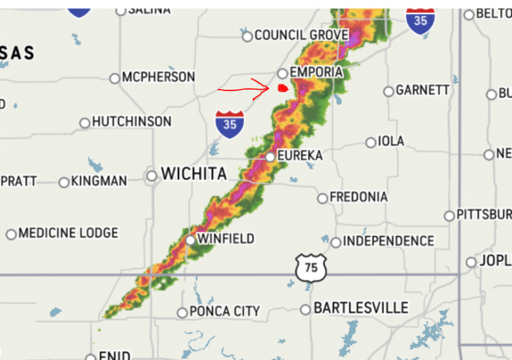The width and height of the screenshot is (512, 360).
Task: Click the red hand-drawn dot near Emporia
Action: click(x=282, y=88)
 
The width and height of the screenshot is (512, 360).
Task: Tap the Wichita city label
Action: click(x=194, y=174)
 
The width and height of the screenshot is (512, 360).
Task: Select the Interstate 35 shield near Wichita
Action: click(x=230, y=124)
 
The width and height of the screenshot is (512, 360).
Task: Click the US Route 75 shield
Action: click(x=311, y=267)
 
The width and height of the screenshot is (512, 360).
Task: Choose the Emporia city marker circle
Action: click(x=282, y=74)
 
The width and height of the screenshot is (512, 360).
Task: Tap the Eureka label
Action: click(x=300, y=156)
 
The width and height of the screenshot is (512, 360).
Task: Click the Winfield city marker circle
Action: click(x=191, y=240)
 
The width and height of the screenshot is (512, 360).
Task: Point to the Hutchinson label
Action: click(x=132, y=122)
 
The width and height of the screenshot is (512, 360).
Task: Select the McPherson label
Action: click(x=158, y=78)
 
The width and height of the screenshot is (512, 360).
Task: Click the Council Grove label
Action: click(x=301, y=35)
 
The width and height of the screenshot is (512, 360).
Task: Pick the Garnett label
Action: click(x=422, y=90)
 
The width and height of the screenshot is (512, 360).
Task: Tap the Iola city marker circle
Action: click(x=371, y=142)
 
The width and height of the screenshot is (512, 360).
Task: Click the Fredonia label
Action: click(x=358, y=197)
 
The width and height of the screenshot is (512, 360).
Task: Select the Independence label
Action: click(x=388, y=241)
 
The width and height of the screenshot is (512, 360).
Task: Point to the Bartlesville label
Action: click(x=360, y=308)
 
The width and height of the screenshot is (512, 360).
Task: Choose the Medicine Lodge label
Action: click(x=68, y=233)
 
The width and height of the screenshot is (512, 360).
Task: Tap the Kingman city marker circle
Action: click(x=63, y=183)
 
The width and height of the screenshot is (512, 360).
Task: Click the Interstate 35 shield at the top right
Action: click(x=420, y=20)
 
